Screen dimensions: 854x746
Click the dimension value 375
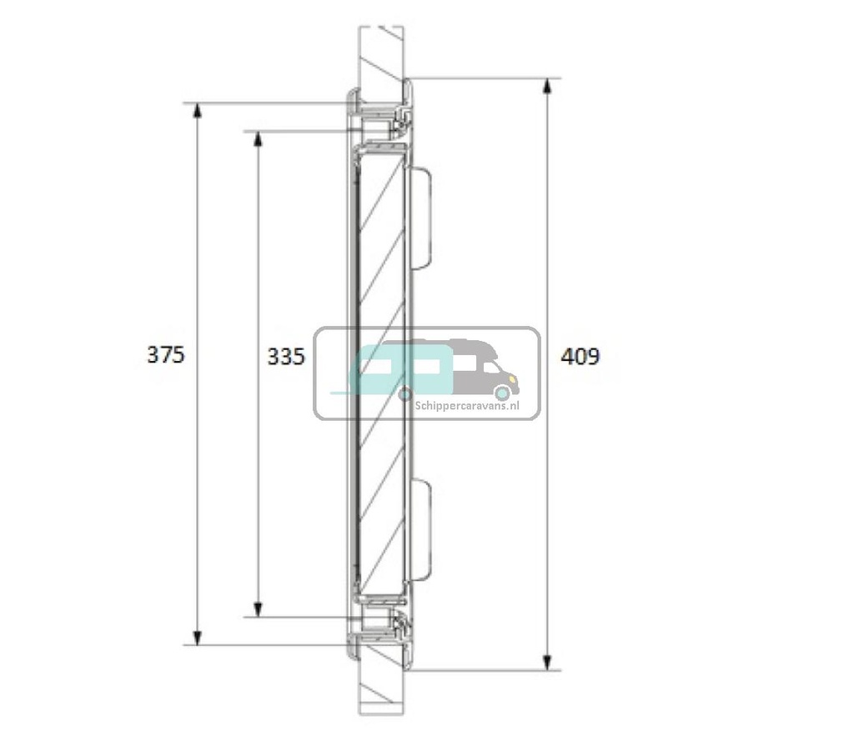166,355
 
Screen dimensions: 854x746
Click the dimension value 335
287,357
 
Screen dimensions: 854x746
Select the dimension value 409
580,357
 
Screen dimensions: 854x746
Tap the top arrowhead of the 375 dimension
198,110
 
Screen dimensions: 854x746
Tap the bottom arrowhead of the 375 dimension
198,638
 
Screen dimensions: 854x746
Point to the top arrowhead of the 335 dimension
259,139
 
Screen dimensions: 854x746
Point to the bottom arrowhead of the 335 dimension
259,610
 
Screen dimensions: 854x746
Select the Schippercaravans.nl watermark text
467,406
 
